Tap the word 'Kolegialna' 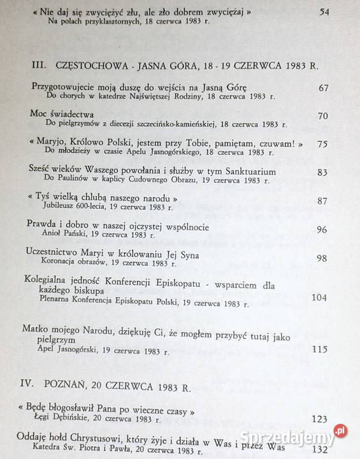point(50,279)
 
